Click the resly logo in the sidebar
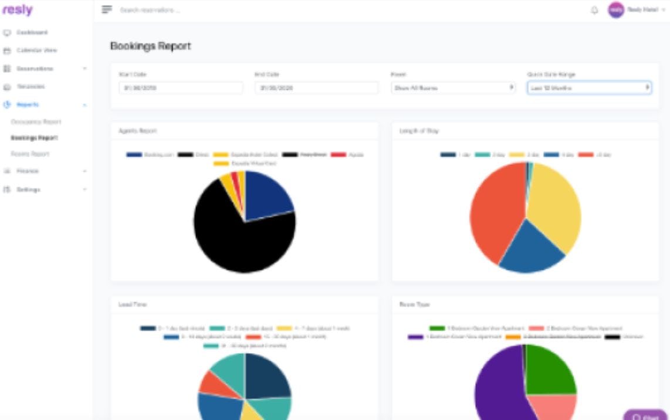coord(17,10)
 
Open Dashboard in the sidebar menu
coord(32,32)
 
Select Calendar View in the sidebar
coord(36,50)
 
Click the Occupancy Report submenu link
coord(36,122)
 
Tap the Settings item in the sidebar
coord(28,189)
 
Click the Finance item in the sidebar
coord(28,171)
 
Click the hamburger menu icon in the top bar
coord(107,10)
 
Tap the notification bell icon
coord(594,11)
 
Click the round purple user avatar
coord(615,10)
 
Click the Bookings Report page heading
coord(151,46)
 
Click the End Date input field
coord(316,88)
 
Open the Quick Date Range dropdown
coord(589,88)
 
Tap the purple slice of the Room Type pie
coord(499,387)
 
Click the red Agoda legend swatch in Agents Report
coord(338,155)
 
